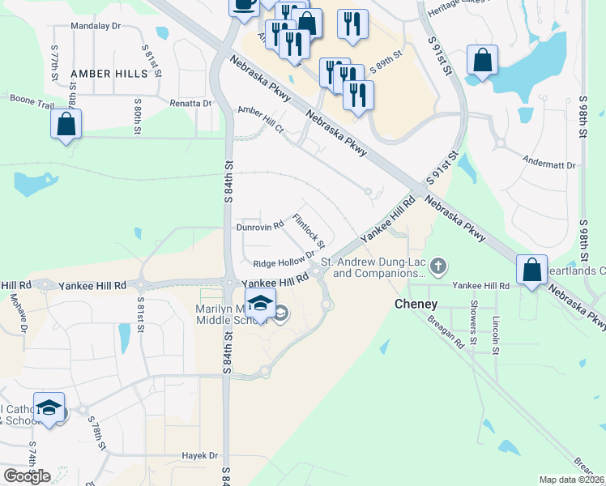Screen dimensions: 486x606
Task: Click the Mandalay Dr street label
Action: tap(96, 26)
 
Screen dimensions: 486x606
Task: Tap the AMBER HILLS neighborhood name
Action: tap(109, 74)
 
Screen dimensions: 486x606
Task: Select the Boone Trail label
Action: tap(32, 99)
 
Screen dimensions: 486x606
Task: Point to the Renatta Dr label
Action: tap(190, 104)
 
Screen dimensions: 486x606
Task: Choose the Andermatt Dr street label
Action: tap(549, 164)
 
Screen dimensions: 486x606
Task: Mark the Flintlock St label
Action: tap(309, 231)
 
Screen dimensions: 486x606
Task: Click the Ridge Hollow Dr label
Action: tap(283, 262)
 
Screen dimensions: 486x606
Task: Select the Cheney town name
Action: tap(416, 305)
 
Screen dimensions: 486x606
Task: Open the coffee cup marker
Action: tap(244, 5)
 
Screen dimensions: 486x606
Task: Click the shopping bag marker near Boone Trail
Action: tap(66, 126)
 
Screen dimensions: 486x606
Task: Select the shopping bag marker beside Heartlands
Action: tap(531, 271)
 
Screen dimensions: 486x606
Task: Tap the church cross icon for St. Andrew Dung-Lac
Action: tap(438, 265)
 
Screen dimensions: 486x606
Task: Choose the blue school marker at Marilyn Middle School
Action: tap(260, 305)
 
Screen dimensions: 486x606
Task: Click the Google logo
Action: tap(27, 476)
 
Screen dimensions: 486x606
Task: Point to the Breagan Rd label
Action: tap(448, 331)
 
